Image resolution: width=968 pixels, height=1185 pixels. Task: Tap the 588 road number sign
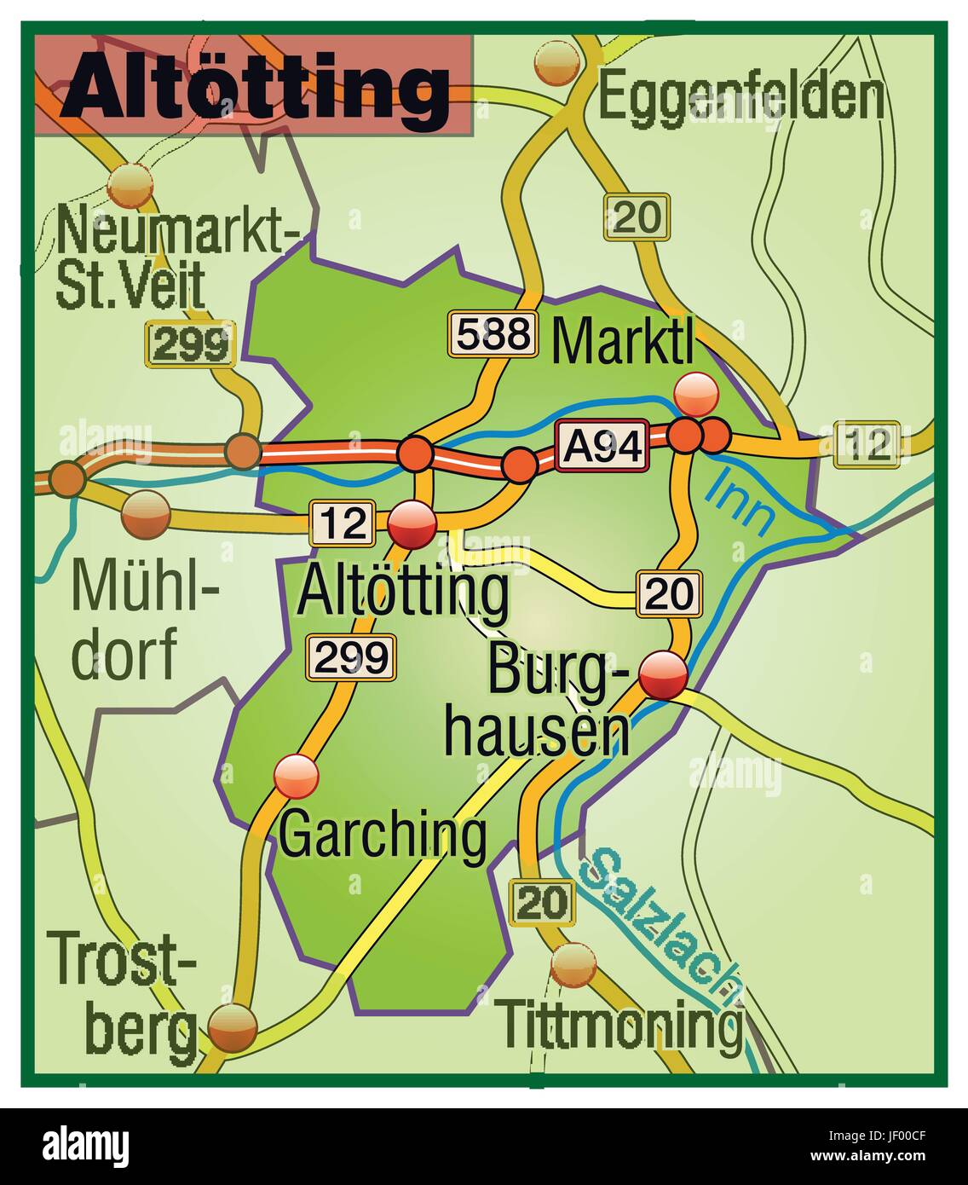(x=494, y=334)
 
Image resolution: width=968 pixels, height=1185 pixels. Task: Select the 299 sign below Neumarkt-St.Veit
(x=191, y=344)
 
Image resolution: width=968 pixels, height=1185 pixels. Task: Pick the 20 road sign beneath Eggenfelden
(x=637, y=217)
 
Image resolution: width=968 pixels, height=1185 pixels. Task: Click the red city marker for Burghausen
(x=663, y=675)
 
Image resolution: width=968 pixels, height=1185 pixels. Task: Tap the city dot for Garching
(x=296, y=776)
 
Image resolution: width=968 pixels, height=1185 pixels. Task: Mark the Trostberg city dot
(x=233, y=1026)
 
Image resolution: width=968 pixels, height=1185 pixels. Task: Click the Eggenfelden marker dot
(x=558, y=61)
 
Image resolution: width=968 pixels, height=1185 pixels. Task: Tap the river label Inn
(x=740, y=503)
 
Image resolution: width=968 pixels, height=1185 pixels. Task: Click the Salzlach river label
(x=657, y=925)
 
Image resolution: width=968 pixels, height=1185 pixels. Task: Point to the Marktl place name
(x=623, y=342)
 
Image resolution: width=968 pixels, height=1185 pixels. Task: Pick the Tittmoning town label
(x=620, y=1026)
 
